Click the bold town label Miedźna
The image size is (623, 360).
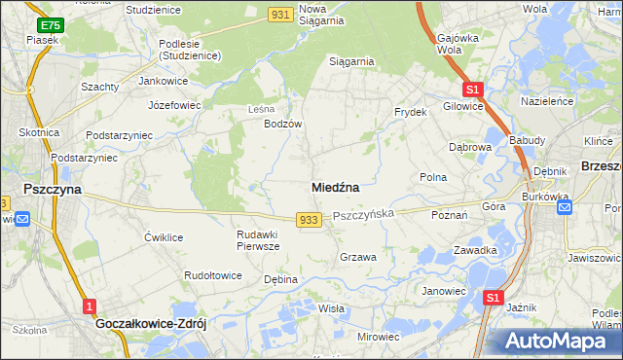click(336, 186)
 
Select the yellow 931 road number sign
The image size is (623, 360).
click(280, 13)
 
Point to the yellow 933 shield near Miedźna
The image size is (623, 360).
click(309, 220)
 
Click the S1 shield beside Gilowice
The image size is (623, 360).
click(473, 88)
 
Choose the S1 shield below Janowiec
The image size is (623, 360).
click(494, 299)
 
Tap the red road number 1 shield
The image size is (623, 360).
click(90, 306)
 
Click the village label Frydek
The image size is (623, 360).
click(411, 112)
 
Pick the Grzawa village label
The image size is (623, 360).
click(357, 257)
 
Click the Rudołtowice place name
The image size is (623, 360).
click(213, 275)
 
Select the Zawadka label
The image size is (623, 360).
click(475, 250)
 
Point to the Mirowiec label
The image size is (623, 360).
click(379, 337)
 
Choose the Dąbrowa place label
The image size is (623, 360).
click(469, 147)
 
